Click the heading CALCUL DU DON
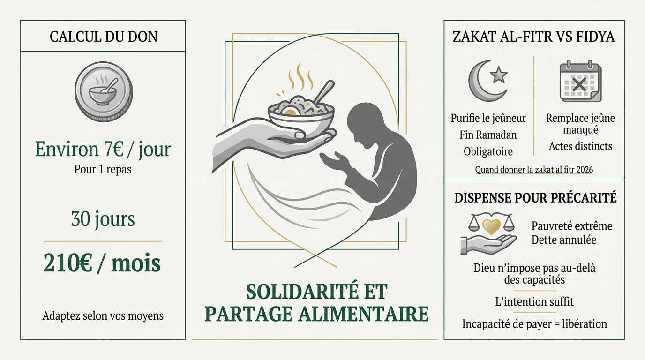103,37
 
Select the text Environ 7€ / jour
103,150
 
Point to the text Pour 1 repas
103,169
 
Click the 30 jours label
103,219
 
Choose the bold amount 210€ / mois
102,263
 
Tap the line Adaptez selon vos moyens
103,315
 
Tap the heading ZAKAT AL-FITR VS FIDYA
533,37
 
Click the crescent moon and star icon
487,81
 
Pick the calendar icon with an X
580,81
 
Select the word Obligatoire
488,152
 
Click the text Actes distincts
580,146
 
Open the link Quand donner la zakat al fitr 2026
534,170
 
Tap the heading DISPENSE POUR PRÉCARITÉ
535,198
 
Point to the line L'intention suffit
534,302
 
